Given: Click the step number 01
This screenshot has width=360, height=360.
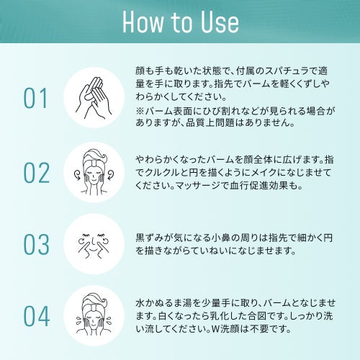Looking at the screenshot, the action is (x=35, y=98).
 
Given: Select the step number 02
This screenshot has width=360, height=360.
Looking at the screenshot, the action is (x=37, y=173).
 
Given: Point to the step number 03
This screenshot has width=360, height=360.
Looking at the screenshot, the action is (x=37, y=244).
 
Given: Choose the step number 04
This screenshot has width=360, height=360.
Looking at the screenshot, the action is (x=37, y=316).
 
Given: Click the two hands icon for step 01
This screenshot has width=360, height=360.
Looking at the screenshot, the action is (x=94, y=98).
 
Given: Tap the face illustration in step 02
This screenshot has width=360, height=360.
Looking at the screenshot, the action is (x=94, y=172).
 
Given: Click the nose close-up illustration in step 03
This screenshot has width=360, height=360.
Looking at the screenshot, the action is (x=94, y=244).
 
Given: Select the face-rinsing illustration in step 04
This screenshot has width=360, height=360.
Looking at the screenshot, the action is (x=94, y=315).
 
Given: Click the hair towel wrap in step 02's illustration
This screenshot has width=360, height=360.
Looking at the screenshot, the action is (x=94, y=158).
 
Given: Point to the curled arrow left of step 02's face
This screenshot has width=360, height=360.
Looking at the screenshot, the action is (x=78, y=174).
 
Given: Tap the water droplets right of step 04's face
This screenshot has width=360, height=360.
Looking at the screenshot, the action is (x=109, y=320).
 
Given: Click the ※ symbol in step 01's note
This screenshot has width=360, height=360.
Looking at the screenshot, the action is (x=140, y=111).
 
